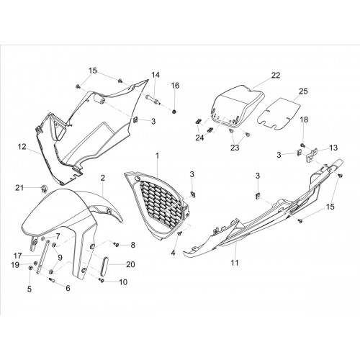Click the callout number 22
[x=276, y=75]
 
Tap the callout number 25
[x=303, y=91]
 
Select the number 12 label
[x=22, y=146]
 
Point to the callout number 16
[x=175, y=85]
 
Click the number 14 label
[x=156, y=75]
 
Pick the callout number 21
[x=19, y=187]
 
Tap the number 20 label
[x=130, y=264]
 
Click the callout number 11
[x=235, y=263]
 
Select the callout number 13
[x=333, y=148]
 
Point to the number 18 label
[x=304, y=120]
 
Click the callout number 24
[x=199, y=138]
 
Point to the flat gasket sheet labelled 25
[x=279, y=113]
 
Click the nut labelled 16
[x=174, y=112]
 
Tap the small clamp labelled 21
[x=44, y=189]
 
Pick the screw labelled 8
[x=117, y=245]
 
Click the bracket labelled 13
[x=311, y=156]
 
